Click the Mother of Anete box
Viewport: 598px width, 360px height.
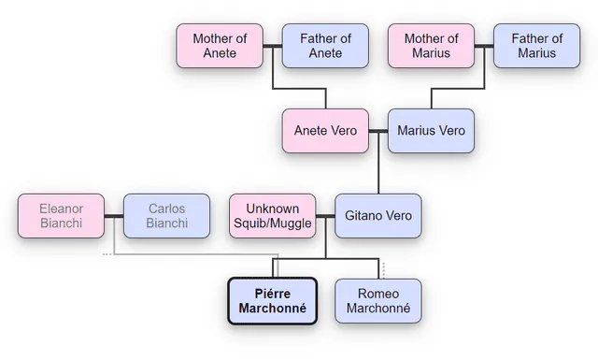(x=220, y=46)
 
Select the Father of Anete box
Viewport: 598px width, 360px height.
(x=325, y=46)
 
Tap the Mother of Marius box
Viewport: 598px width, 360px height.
(x=431, y=46)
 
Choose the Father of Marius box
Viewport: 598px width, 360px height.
(x=536, y=46)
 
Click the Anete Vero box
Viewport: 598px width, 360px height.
(x=325, y=131)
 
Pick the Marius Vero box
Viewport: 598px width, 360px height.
(x=431, y=131)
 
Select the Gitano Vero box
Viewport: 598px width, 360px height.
(x=378, y=216)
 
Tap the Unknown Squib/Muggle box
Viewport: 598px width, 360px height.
(x=273, y=216)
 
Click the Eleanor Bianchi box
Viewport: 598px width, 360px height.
(x=61, y=216)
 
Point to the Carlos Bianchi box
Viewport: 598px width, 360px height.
(x=166, y=216)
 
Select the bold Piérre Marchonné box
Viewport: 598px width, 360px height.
(x=273, y=301)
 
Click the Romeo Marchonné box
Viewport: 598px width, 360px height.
(x=378, y=301)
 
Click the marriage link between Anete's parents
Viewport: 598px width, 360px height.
(x=273, y=46)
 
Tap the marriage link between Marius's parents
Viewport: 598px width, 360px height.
(x=484, y=46)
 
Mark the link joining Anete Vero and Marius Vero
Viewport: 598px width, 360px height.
(x=378, y=131)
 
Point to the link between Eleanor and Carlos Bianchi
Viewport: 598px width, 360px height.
(x=114, y=216)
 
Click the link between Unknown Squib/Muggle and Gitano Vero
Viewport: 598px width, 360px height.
(x=325, y=216)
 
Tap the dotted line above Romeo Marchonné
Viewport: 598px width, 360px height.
(x=384, y=270)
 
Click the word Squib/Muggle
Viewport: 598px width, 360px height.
(x=273, y=223)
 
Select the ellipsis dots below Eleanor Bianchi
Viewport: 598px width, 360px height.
(x=107, y=254)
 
